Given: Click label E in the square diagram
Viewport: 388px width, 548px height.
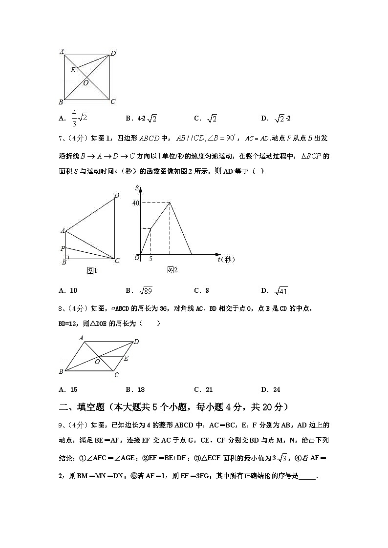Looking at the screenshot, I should click(73, 70).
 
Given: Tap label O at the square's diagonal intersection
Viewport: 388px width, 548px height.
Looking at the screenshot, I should click(86, 83).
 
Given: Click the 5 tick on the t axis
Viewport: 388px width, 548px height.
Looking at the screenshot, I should click(151, 259).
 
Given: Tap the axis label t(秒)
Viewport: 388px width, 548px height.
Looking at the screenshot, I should click(227, 260).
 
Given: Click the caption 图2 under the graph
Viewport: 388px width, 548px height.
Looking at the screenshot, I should click(172, 270).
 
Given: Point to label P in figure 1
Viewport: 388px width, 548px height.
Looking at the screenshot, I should click(62, 248).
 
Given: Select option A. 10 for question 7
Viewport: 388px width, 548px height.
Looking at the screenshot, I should click(68, 291).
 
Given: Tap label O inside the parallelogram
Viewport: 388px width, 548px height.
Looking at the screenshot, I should click(97, 362).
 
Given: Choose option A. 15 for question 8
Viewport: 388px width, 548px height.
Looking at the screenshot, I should click(68, 389).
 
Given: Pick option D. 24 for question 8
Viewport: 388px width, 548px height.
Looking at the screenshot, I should click(271, 389).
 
